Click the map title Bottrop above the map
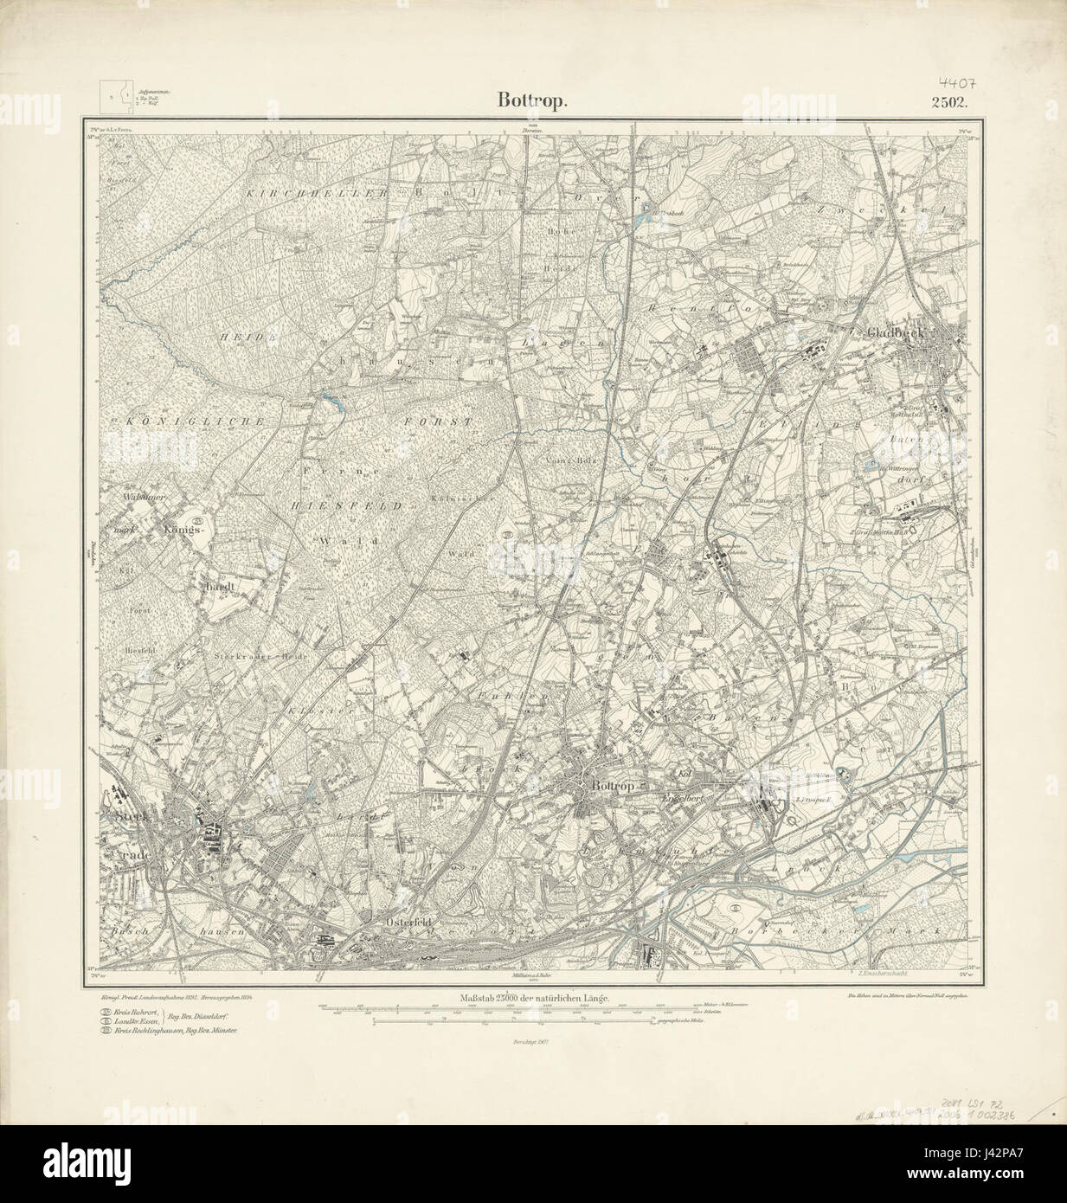pyautogui.click(x=532, y=100)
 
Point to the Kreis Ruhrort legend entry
pyautogui.click(x=139, y=1011)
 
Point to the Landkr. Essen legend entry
pyautogui.click(x=139, y=1021)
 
